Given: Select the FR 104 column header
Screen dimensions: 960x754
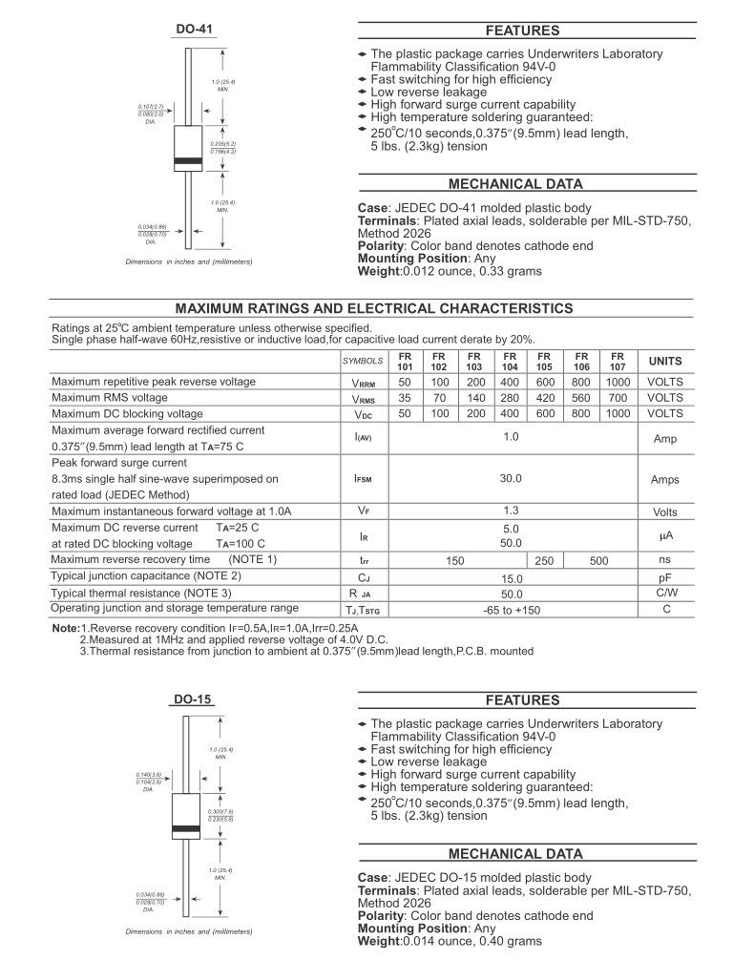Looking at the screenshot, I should point(510,361).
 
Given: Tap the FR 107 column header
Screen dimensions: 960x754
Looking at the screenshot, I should point(618,361).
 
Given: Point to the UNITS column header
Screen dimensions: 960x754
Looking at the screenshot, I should point(665,362).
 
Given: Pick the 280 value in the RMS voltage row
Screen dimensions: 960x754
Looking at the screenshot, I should point(510,398).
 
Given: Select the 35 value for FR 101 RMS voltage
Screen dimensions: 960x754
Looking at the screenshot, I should point(405,398).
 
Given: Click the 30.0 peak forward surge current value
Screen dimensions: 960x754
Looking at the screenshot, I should point(512,478).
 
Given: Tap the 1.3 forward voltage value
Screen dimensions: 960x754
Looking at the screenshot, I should point(512,511).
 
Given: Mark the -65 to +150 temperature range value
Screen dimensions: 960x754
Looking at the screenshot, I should point(512,610).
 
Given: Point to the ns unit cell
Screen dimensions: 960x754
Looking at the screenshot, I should point(665,560).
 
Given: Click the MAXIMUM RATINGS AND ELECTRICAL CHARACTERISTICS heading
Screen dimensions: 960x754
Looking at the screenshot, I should point(375,308).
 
